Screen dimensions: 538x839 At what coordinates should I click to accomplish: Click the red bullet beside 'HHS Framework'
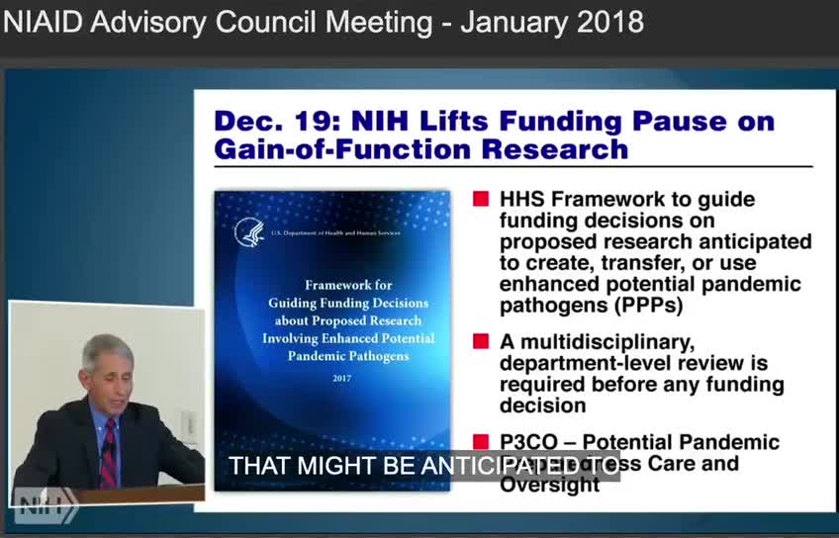pos(481,199)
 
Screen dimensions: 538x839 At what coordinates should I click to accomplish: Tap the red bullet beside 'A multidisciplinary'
pos(481,341)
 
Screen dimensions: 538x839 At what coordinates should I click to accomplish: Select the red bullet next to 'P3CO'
pos(481,442)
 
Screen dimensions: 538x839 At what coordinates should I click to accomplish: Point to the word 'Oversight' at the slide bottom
pos(549,485)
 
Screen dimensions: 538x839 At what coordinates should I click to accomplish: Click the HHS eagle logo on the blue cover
pos(248,233)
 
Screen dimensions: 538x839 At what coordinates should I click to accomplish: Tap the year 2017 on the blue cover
pos(341,379)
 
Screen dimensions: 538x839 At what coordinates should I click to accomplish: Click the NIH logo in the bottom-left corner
pos(46,506)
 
